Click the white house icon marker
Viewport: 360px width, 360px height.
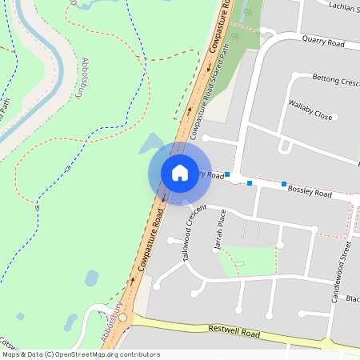click(x=180, y=173)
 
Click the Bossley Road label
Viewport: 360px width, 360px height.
click(x=309, y=193)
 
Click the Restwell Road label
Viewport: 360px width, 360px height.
click(x=234, y=330)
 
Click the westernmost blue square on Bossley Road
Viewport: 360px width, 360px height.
click(x=227, y=174)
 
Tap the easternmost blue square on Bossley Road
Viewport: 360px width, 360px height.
click(x=284, y=184)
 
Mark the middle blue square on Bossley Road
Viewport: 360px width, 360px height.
click(x=250, y=183)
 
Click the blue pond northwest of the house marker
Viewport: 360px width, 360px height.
click(x=151, y=144)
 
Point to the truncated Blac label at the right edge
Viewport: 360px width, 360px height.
click(x=352, y=299)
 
